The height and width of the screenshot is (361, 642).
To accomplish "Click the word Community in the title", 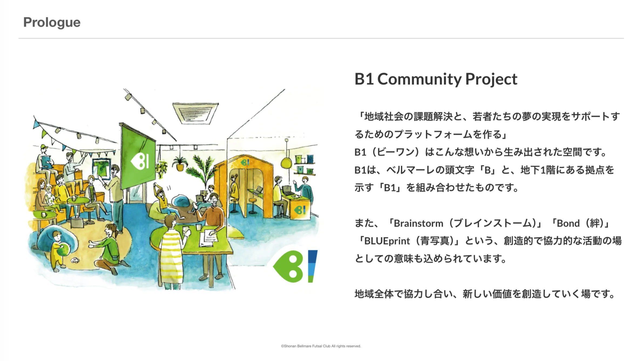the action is point(420,79).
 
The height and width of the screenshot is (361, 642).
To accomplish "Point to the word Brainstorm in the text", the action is point(418,223).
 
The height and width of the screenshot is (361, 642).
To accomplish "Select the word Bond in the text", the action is point(568,223).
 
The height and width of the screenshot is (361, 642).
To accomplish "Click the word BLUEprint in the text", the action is point(387,241).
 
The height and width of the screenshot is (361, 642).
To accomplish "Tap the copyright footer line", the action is point(321,346).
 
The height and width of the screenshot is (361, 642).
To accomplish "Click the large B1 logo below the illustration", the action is point(295,266).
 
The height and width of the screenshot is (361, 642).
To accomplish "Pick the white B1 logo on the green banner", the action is point(140,162).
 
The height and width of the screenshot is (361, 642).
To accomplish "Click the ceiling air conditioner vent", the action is point(195,113).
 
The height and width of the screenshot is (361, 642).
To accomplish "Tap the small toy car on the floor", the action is point(75,260).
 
